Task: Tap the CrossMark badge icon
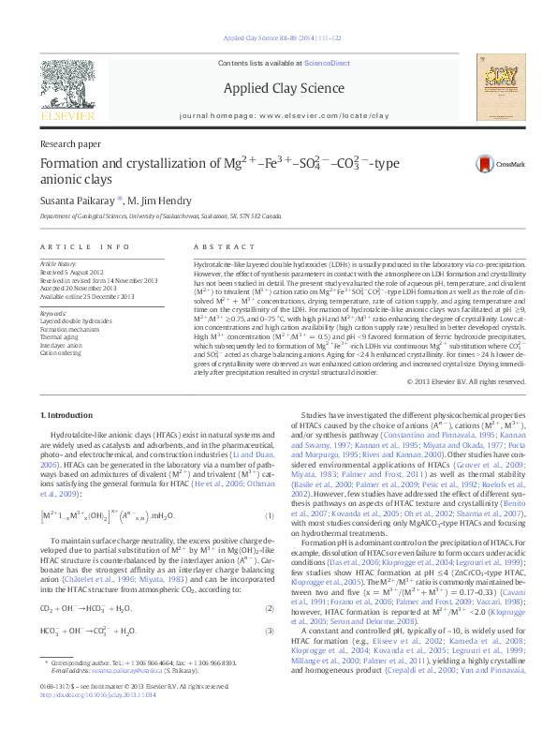point(484,163)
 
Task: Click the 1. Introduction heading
point(68,413)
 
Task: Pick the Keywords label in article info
point(54,312)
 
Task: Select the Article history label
point(59,265)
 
